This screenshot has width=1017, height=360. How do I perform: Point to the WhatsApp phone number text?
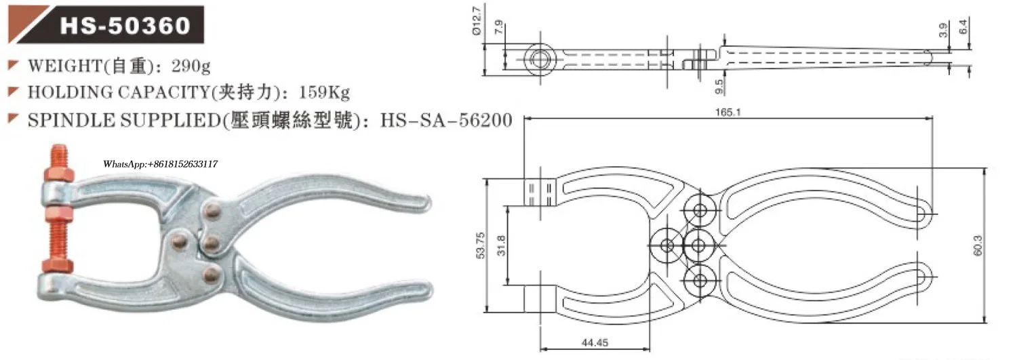coord(160,164)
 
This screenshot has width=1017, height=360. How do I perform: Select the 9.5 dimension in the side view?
coord(719,85)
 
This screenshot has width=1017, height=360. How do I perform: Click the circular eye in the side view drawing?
coord(540,58)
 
